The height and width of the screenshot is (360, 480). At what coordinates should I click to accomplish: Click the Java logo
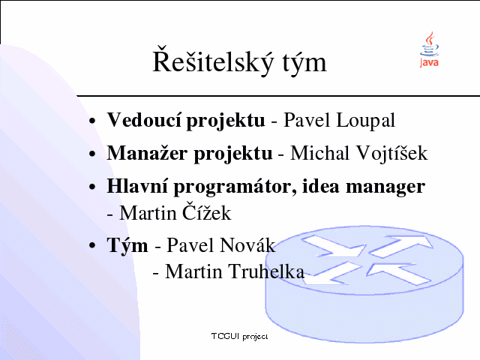tap(429, 49)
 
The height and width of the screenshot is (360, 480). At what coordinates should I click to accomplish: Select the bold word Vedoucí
tap(144, 120)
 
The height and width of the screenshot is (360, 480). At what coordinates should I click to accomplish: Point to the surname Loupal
tap(365, 121)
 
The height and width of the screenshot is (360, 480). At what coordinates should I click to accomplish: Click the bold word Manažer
tap(147, 153)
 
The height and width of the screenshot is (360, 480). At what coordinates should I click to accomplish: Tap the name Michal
tap(319, 153)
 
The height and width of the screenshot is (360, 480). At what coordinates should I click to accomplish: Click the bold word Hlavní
tap(137, 186)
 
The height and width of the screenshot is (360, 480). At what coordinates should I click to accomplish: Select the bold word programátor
tap(235, 187)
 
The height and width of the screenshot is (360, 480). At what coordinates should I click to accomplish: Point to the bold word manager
tap(385, 187)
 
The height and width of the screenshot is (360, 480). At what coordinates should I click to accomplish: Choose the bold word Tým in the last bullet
tap(127, 246)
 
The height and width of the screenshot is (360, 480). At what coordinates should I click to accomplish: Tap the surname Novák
tap(247, 245)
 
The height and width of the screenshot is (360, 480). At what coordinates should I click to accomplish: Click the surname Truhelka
tap(266, 271)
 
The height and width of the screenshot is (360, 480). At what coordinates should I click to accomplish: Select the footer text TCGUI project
tap(239, 337)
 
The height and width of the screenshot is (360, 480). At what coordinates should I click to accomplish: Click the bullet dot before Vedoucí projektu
tap(92, 121)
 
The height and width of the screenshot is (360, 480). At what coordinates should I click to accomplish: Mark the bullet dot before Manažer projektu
tap(92, 153)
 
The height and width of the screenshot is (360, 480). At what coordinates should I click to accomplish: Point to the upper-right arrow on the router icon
tap(402, 245)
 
